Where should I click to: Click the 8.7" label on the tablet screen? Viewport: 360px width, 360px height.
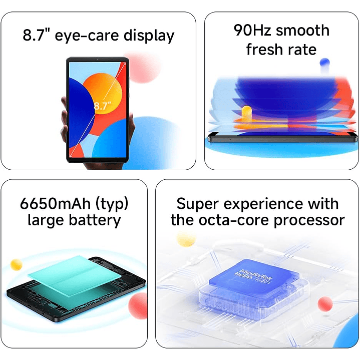102,106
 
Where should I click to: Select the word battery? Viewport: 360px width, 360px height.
95,221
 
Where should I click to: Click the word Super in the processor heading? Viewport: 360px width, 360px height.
199,204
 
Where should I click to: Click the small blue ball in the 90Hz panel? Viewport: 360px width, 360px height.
324,63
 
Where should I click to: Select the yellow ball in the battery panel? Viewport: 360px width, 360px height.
17,264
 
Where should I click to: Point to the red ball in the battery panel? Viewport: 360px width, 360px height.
138,305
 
